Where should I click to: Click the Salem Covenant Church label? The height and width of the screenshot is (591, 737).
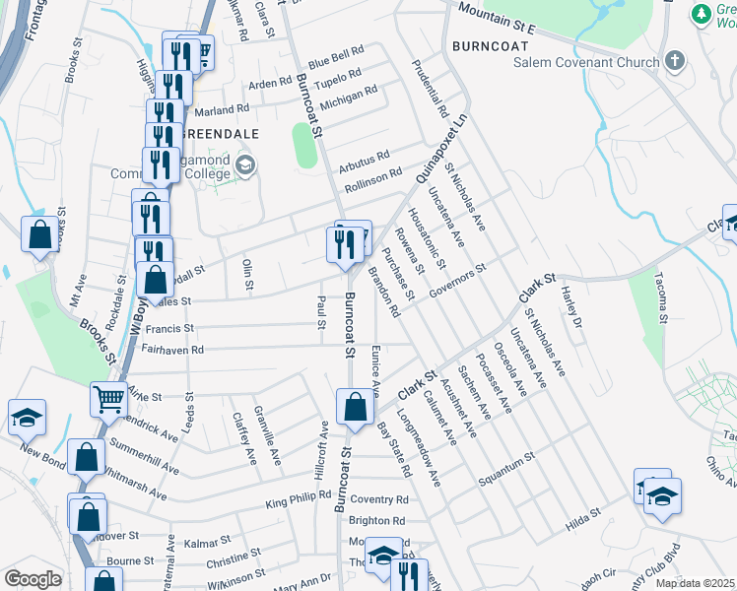pyautogui.click(x=586, y=63)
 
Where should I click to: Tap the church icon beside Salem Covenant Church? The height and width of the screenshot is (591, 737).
pyautogui.click(x=674, y=62)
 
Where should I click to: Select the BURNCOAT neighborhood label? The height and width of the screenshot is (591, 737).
pyautogui.click(x=484, y=45)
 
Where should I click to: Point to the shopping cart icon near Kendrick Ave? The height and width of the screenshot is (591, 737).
pyautogui.click(x=108, y=399)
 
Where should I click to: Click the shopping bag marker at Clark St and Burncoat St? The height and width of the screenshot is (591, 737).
pyautogui.click(x=355, y=406)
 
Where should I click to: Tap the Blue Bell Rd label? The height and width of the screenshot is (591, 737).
pyautogui.click(x=336, y=55)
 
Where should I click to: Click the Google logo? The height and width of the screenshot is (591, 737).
pyautogui.click(x=33, y=579)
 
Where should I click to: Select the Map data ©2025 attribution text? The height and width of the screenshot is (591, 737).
pyautogui.click(x=696, y=583)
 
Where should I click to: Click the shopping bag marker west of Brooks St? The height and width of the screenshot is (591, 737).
pyautogui.click(x=40, y=235)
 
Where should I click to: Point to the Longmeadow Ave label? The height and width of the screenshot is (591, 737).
pyautogui.click(x=420, y=442)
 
